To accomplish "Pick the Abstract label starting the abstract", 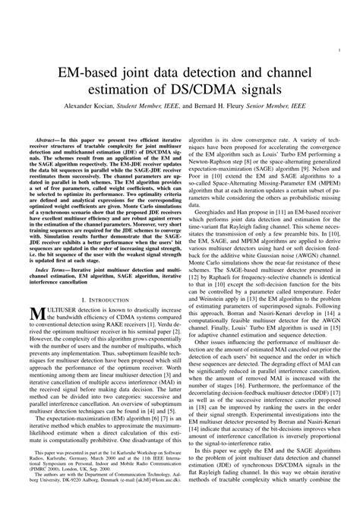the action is (x=53, y=141).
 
